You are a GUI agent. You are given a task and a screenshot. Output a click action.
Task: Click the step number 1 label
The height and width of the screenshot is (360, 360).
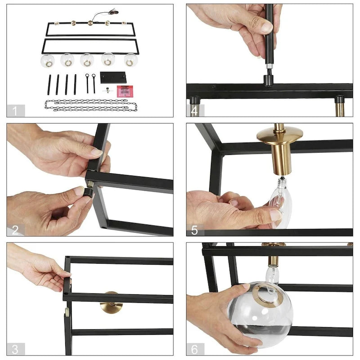[x=15, y=111]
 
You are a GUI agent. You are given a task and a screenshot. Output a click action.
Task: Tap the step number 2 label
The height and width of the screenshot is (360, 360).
[x=15, y=230]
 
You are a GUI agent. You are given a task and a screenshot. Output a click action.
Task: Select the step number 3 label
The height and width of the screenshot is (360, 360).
[x=15, y=349]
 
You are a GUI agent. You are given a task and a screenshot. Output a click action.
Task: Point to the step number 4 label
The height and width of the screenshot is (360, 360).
[x=194, y=111]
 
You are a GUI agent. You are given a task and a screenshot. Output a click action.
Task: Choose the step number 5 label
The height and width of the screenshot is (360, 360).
[x=194, y=230]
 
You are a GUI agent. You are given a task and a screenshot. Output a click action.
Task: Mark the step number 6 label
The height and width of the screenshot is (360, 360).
[x=194, y=349]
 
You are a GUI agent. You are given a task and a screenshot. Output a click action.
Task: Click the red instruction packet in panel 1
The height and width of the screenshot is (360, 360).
[x=125, y=91]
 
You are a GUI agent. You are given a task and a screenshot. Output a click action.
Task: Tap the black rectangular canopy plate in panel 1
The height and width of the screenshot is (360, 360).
[x=113, y=77]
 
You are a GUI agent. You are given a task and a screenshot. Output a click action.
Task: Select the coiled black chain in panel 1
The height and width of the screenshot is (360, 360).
[x=91, y=105]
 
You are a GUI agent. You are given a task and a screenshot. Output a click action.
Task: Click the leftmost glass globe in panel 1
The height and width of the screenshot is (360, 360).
[x=48, y=61]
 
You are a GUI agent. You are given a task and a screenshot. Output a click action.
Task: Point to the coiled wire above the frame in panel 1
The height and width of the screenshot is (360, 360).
[x=106, y=14]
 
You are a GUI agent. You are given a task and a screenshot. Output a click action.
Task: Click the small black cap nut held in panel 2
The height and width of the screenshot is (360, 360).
[x=88, y=193]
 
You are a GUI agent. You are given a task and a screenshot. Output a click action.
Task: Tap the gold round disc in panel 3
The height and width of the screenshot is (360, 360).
[x=111, y=302]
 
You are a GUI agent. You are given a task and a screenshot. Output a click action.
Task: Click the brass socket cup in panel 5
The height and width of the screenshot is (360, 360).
[x=281, y=149]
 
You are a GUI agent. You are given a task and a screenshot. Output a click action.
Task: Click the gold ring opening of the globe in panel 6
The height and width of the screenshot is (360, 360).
[x=267, y=295]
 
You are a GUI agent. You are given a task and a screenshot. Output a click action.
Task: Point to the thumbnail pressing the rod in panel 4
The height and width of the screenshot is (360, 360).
[x=266, y=27]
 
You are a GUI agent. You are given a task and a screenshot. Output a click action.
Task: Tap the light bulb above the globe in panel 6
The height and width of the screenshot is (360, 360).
[x=272, y=275]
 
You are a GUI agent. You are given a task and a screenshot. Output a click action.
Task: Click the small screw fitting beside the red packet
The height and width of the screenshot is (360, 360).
[x=108, y=90]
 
